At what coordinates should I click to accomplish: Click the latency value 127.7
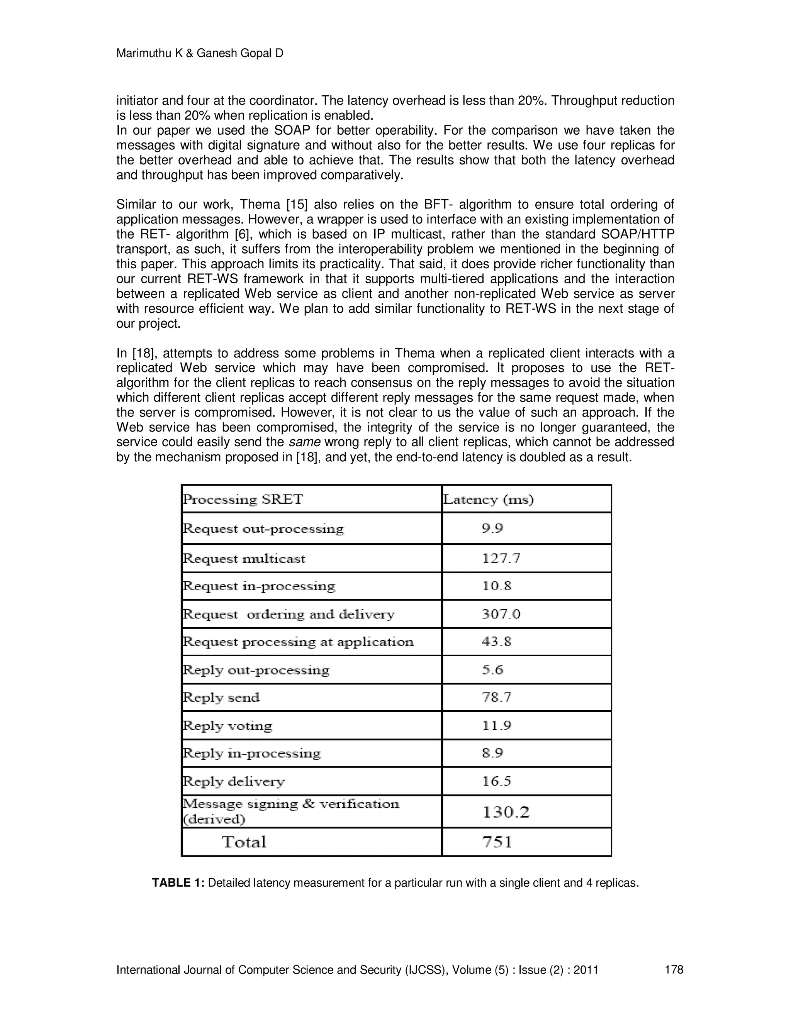pos(501,558)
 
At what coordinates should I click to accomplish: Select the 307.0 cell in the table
pos(501,614)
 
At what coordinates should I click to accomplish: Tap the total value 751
pos(497,842)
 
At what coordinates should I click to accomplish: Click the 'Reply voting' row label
pos(227,726)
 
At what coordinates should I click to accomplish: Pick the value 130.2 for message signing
pos(506,812)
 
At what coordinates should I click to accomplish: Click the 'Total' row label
pos(244,842)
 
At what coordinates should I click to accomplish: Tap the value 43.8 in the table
pos(497,642)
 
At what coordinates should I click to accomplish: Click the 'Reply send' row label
pos(221,698)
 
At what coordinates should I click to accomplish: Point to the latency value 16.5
pos(497,781)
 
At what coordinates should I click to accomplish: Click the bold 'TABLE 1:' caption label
pos(178,883)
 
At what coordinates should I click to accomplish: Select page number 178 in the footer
pos(674,969)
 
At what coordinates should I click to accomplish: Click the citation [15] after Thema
pos(297,205)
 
